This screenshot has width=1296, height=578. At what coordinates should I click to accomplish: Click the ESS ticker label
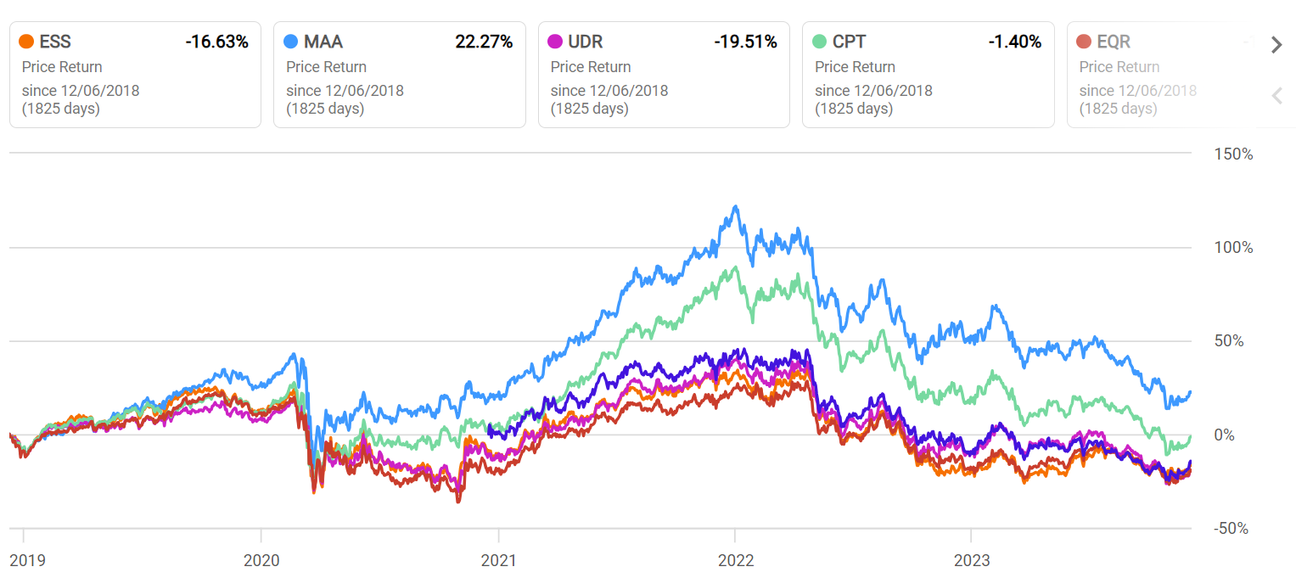click(x=55, y=42)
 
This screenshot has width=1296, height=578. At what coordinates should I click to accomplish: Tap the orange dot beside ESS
click(x=26, y=42)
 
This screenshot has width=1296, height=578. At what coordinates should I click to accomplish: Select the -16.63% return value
click(x=216, y=42)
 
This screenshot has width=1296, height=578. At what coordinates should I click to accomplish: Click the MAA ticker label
click(x=323, y=42)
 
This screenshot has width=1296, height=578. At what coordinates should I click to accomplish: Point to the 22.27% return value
click(x=484, y=42)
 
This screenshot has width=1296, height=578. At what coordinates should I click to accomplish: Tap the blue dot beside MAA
click(x=291, y=42)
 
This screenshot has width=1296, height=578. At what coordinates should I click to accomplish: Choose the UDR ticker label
click(x=586, y=42)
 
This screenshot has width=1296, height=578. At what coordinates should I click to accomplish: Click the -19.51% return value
click(x=745, y=42)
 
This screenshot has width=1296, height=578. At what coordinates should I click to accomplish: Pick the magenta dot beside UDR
click(x=555, y=42)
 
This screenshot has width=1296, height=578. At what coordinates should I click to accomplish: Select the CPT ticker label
click(x=850, y=42)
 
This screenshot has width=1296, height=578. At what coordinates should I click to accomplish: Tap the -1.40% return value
click(x=1014, y=42)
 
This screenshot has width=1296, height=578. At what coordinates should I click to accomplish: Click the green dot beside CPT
click(x=819, y=42)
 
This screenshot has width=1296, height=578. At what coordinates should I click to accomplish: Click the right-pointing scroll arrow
click(x=1276, y=45)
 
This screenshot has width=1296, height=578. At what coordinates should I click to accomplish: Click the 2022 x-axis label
click(x=736, y=561)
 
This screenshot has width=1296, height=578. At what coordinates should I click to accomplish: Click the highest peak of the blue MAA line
click(x=735, y=206)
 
